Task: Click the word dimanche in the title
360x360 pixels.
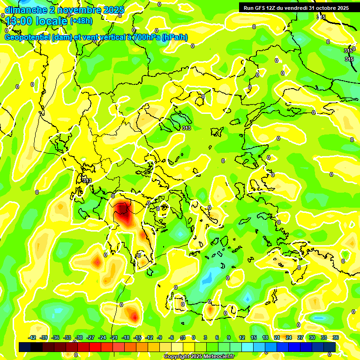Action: [x=24, y=10]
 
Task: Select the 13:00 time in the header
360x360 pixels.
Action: [x=19, y=21]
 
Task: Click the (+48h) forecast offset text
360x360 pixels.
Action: [x=81, y=21]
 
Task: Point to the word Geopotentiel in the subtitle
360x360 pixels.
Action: [x=27, y=37]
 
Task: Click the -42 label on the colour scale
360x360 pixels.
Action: [x=33, y=337]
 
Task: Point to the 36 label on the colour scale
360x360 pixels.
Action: [x=336, y=337]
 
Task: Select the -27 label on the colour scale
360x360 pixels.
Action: [x=90, y=337]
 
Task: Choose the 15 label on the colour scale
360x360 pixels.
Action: [x=254, y=337]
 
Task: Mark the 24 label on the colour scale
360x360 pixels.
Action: [x=289, y=337]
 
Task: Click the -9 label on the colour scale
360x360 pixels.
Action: [x=160, y=337]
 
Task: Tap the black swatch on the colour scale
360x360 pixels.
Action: [x=37, y=347]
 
